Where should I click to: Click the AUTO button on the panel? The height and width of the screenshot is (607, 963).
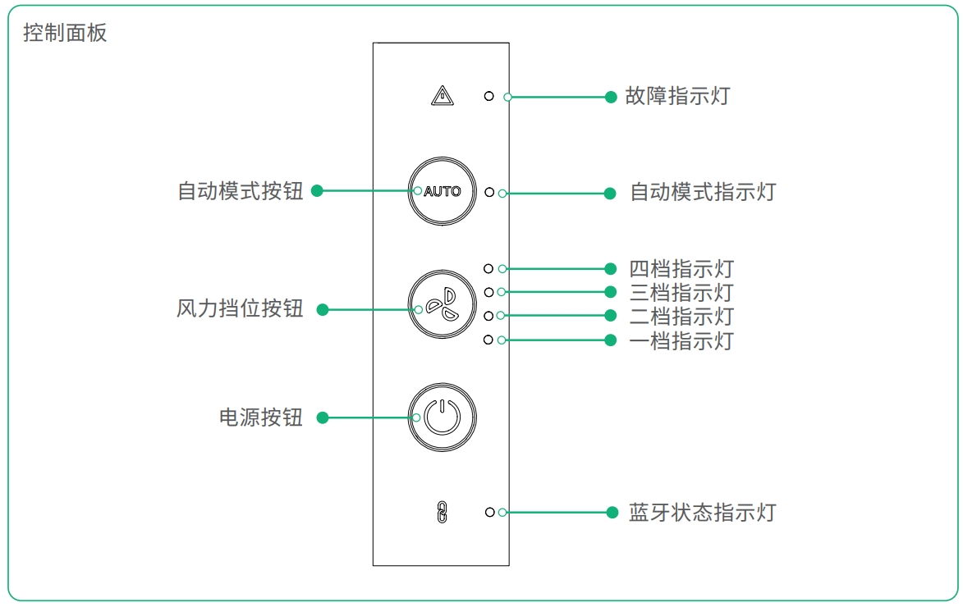442,192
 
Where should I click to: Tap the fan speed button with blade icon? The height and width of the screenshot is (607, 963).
442,303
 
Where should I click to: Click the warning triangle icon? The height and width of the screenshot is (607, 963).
442,97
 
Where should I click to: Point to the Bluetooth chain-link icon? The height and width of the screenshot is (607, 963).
442,513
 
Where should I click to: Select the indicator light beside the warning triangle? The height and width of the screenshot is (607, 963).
489,96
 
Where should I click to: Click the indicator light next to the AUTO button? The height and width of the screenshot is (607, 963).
489,192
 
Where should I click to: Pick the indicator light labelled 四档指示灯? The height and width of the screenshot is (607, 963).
488,268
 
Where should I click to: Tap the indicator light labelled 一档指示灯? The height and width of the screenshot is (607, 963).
488,340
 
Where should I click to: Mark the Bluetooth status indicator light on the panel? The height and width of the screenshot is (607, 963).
489,512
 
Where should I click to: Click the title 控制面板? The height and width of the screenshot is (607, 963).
65,34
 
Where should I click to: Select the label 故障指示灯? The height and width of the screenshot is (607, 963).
677,96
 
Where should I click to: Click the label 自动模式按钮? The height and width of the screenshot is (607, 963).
241,191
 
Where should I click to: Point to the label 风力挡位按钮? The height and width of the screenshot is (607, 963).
240,309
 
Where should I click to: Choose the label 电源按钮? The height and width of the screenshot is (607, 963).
261,418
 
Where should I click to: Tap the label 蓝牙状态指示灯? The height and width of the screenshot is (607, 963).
702,513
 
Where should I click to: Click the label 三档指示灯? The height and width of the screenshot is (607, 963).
681,293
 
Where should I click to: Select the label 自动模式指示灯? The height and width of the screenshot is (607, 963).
703,193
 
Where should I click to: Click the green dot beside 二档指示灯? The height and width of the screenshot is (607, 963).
610,316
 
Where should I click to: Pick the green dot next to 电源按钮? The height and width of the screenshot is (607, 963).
323,418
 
